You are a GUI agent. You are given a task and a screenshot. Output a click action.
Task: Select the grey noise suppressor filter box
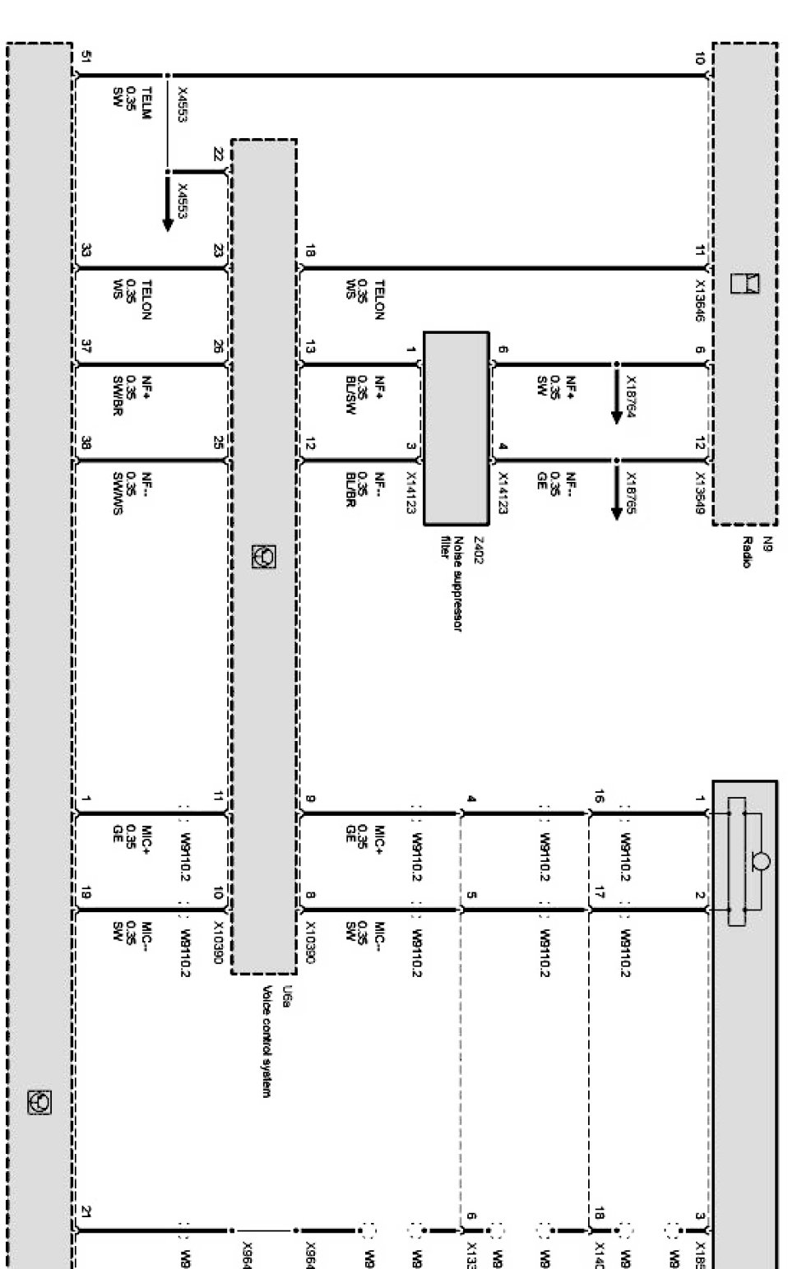click(x=456, y=428)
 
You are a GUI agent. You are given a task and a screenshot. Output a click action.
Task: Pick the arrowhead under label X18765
click(x=616, y=512)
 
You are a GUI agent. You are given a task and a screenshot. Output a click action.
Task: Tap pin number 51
click(x=86, y=57)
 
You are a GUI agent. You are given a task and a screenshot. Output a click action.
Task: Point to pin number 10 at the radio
click(x=699, y=58)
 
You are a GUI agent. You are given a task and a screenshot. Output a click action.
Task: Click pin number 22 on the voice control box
click(x=218, y=154)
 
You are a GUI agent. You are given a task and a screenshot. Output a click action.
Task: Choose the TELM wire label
click(x=146, y=104)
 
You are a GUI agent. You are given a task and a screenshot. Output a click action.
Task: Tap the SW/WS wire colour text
click(x=118, y=493)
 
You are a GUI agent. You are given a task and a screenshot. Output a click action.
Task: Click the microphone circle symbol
click(x=762, y=861)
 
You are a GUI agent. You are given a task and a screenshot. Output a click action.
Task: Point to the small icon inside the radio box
click(x=747, y=283)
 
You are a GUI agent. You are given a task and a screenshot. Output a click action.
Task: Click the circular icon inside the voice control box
click(x=264, y=557)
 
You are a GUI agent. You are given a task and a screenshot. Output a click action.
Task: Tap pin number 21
click(x=86, y=1211)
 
